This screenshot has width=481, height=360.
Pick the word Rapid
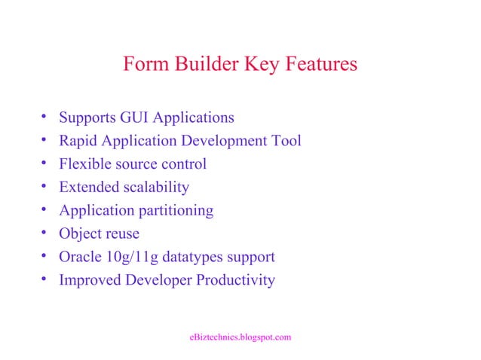[x=78, y=141]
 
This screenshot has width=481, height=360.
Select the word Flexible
[x=85, y=164]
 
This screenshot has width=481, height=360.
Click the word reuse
[x=122, y=234]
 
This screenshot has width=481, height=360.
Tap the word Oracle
[x=81, y=258]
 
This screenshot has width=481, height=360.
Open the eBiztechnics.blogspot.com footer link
[x=240, y=337]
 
